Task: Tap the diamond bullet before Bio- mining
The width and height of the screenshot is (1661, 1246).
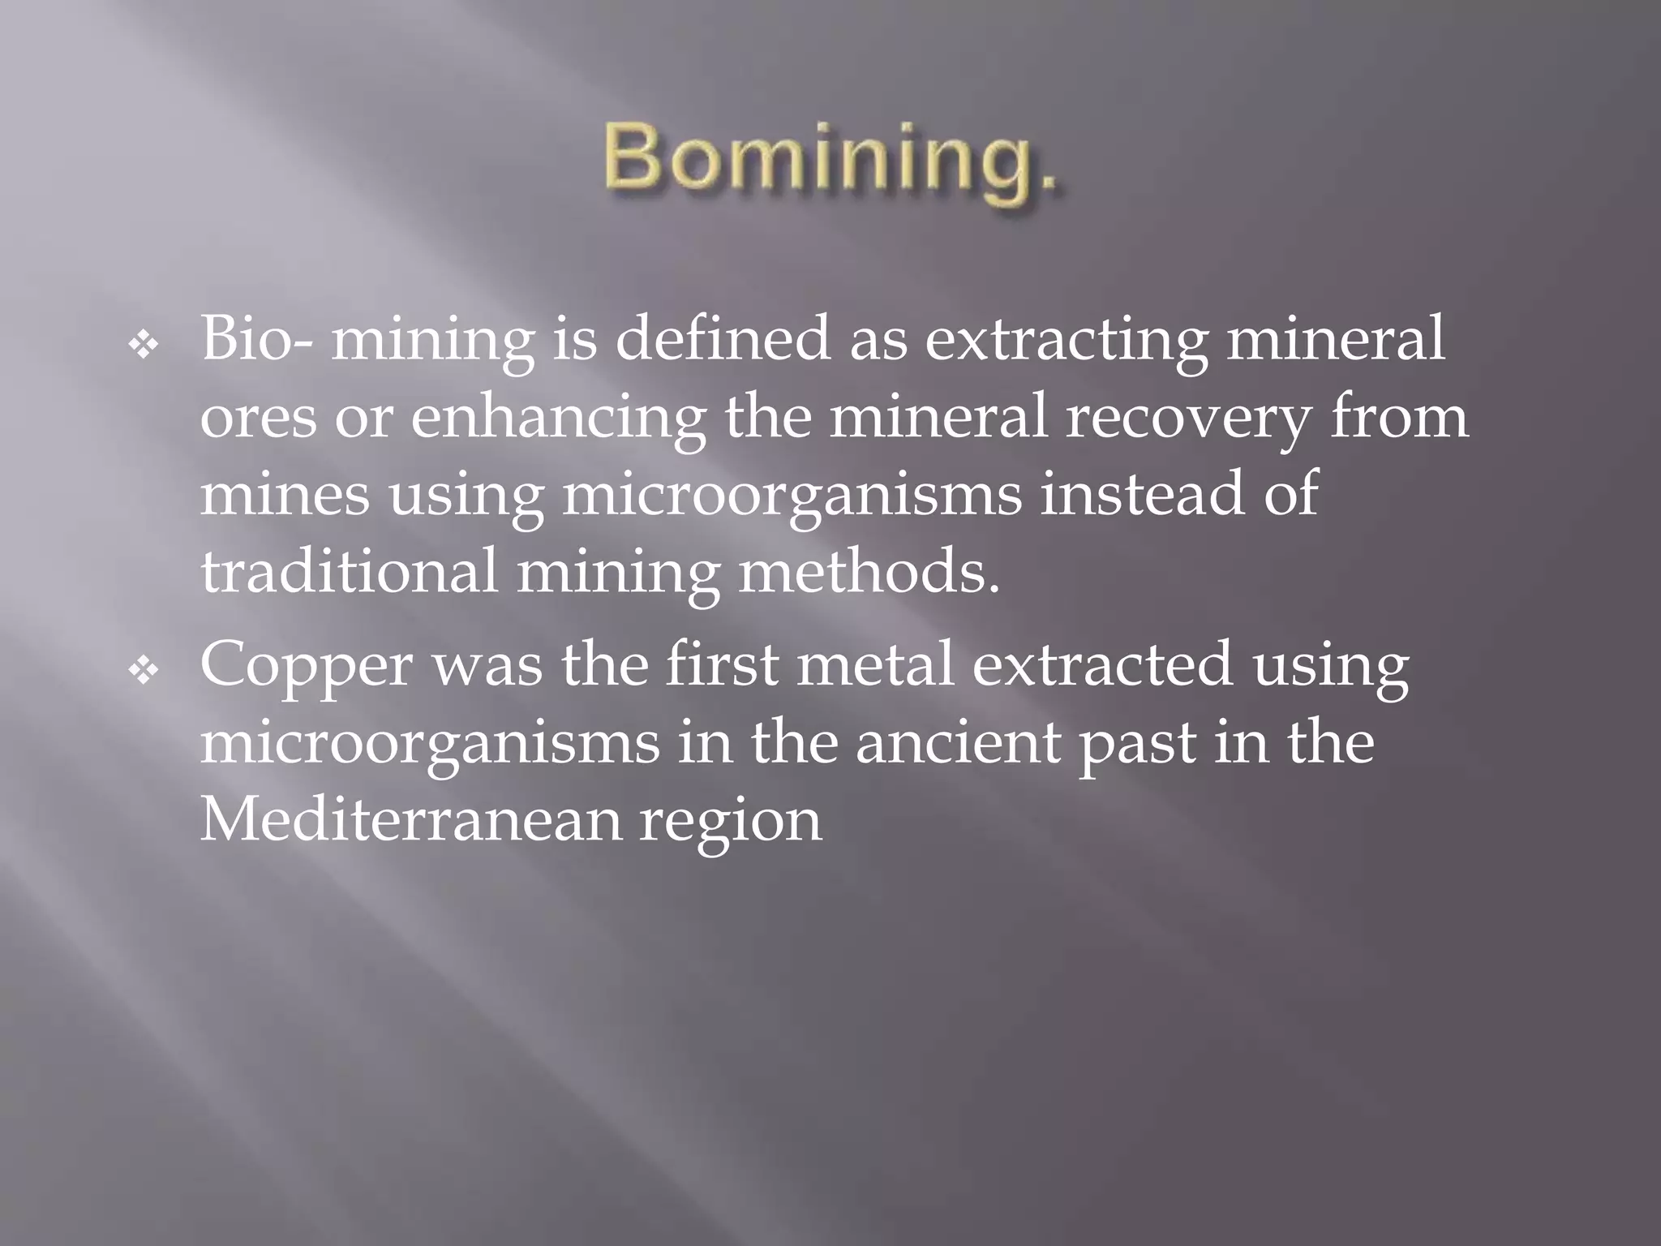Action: [144, 346]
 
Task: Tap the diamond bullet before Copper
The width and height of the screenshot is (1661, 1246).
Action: [144, 671]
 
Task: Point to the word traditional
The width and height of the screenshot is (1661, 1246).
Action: [349, 571]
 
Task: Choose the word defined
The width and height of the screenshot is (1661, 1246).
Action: [723, 339]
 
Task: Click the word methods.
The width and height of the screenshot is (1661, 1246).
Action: [869, 571]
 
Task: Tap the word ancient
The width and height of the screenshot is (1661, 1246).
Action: [958, 743]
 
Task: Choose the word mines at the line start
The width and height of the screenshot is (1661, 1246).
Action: [285, 494]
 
